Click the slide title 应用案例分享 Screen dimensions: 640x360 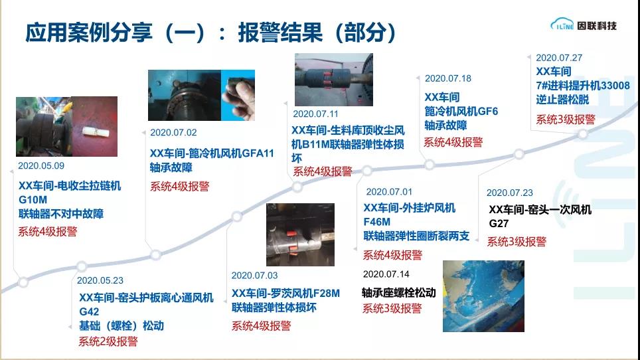pyautogui.click(x=89, y=33)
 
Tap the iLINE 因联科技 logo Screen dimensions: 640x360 pyautogui.click(x=584, y=25)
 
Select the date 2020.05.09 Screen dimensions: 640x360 pyautogui.click(x=40, y=165)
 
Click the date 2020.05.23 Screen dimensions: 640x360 pyautogui.click(x=100, y=280)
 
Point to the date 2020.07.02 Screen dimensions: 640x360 pyautogui.click(x=173, y=133)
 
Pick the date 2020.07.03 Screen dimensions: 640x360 pyautogui.click(x=254, y=276)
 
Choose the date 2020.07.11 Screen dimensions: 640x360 pyautogui.click(x=315, y=114)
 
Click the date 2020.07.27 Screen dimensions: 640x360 pyautogui.click(x=559, y=58)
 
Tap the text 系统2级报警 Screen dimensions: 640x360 pyautogui.click(x=108, y=341)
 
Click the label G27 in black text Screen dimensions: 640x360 pyautogui.click(x=499, y=224)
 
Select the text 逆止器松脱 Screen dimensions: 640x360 pyautogui.click(x=562, y=100)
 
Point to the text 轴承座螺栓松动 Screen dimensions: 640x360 pyautogui.click(x=399, y=293)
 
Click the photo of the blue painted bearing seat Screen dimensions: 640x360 pyautogui.click(x=483, y=296)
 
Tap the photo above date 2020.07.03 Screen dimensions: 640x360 pyautogui.click(x=300, y=234)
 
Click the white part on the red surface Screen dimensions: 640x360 pyautogui.click(x=94, y=132)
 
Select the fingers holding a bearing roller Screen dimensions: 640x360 pyautogui.click(x=239, y=96)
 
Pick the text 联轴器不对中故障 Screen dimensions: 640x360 pyautogui.click(x=61, y=214)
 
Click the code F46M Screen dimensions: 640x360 pyautogui.click(x=376, y=222)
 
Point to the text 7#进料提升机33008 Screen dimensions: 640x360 pyautogui.click(x=583, y=86)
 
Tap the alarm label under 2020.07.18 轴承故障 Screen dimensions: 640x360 pyautogui.click(x=453, y=142)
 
